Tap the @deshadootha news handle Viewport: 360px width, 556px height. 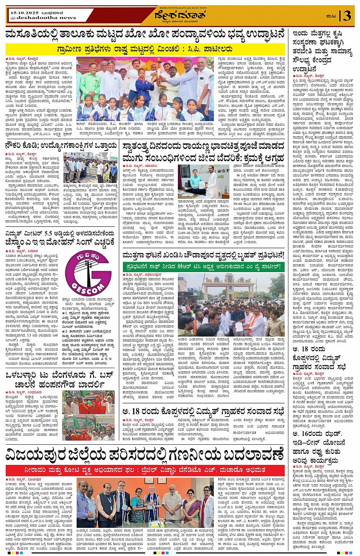43,18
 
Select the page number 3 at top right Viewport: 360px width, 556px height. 347,16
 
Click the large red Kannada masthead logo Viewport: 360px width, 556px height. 180,15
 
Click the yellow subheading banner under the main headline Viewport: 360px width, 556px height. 145,49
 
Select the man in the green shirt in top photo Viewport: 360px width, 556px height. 90,82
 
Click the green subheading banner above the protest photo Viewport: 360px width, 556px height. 203,266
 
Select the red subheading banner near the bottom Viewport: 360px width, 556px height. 145,470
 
